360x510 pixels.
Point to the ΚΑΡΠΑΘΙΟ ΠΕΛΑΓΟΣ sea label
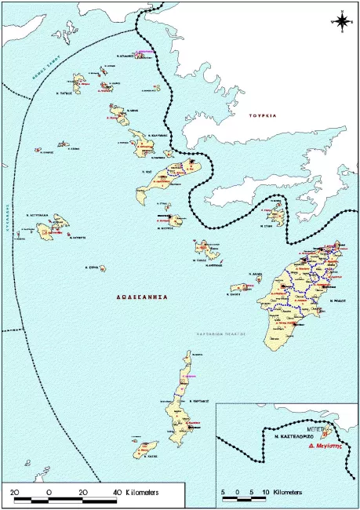click(x=221, y=333)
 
